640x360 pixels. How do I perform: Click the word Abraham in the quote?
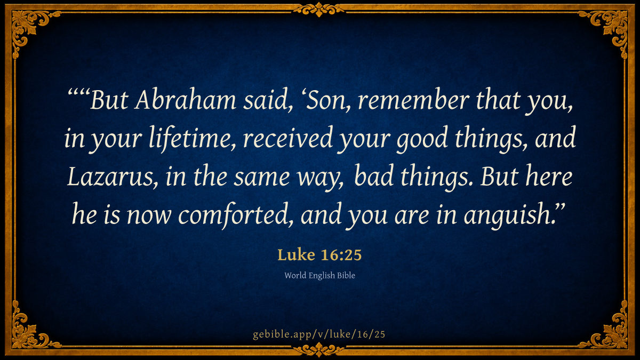tap(186, 100)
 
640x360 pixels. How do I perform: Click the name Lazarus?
tap(112, 177)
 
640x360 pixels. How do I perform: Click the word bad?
tap(374, 177)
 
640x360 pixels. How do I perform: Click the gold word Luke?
tap(297, 254)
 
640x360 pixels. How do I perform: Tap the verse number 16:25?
tap(341, 255)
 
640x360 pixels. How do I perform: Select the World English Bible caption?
tap(319, 275)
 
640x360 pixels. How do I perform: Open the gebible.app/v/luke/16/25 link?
tap(319, 334)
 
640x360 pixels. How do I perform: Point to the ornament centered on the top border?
tap(319, 9)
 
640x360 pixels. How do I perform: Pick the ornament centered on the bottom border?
tap(319, 350)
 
